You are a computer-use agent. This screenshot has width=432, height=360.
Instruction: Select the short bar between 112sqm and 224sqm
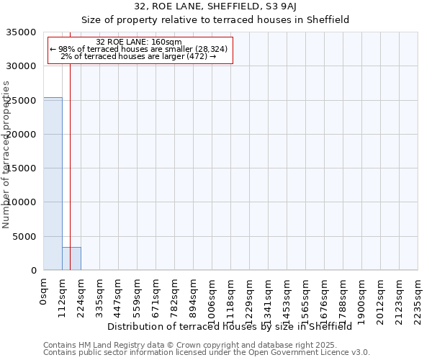click(71, 258)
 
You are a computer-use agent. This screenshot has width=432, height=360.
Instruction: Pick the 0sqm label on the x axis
click(43, 292)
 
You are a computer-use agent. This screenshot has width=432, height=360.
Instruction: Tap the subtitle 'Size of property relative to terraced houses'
click(215, 20)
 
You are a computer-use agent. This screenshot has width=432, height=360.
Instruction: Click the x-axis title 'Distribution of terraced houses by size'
click(229, 326)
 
